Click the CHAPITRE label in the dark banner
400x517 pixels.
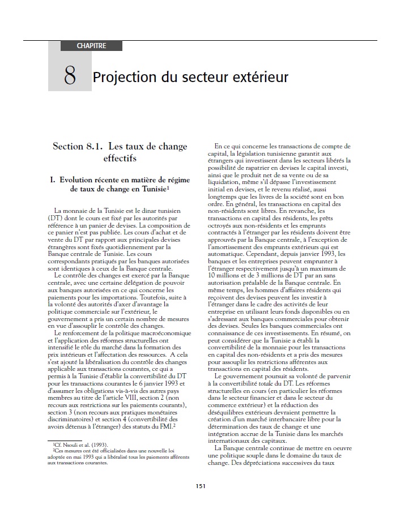tap(91, 46)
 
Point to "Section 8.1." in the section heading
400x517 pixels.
tap(77, 147)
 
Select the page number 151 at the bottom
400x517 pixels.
tap(200, 485)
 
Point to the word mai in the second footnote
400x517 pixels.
tap(78, 456)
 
